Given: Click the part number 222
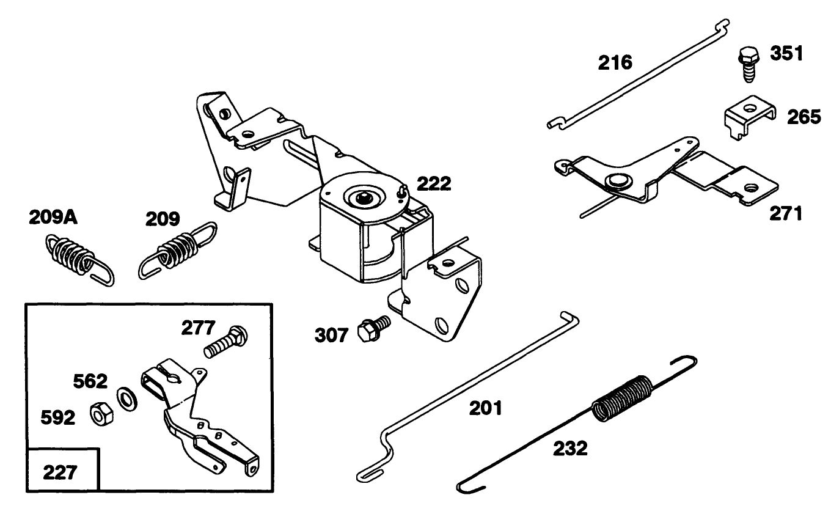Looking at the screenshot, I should [434, 183].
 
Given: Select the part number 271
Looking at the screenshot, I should [785, 213].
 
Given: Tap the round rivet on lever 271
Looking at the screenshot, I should [615, 182].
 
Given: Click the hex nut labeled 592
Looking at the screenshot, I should [100, 416].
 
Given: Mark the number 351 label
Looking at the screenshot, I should [786, 55].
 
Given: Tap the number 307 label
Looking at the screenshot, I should [332, 334].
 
